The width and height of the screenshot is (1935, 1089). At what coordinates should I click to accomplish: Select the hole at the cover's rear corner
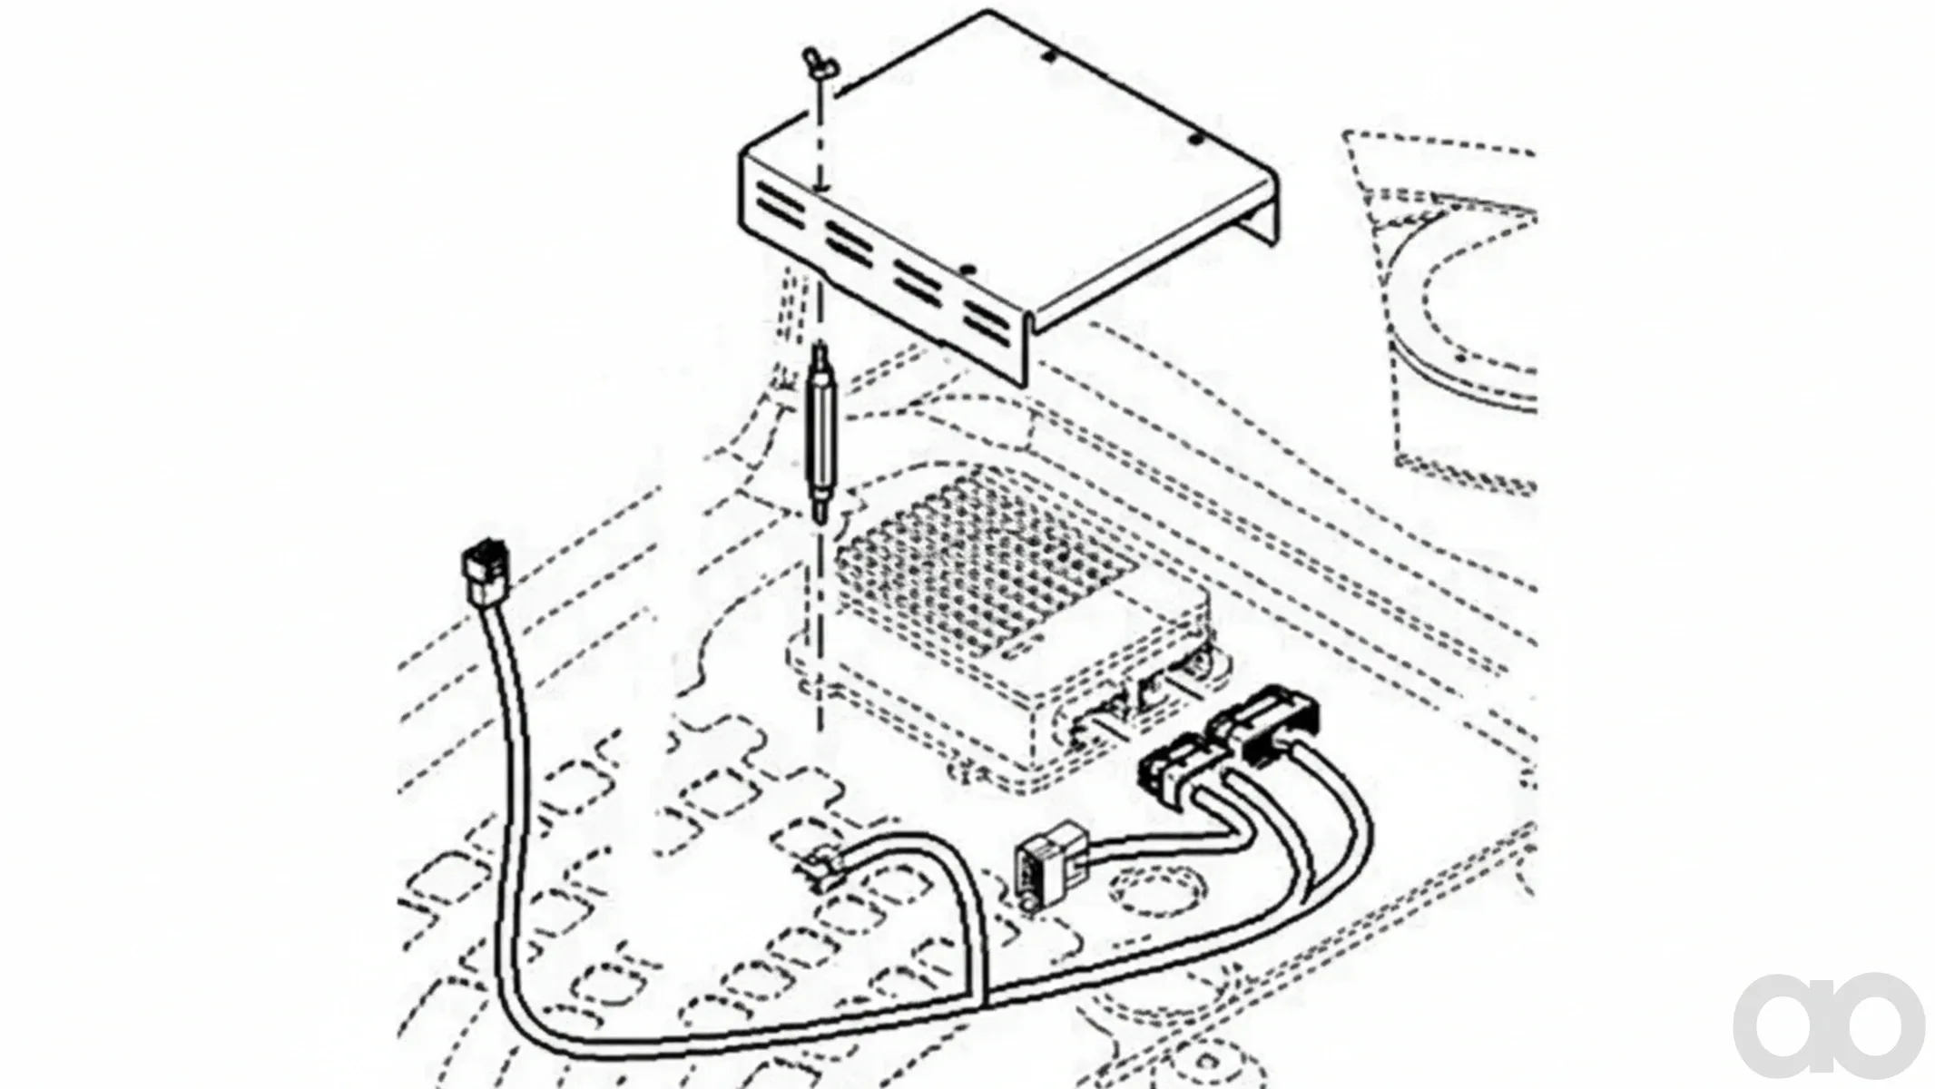(1049, 56)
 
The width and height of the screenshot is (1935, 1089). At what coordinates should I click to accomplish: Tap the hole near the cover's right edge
(1195, 141)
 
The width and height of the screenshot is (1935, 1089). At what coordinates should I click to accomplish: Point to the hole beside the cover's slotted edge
(968, 270)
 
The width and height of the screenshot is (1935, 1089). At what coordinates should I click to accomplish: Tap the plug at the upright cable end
(487, 571)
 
